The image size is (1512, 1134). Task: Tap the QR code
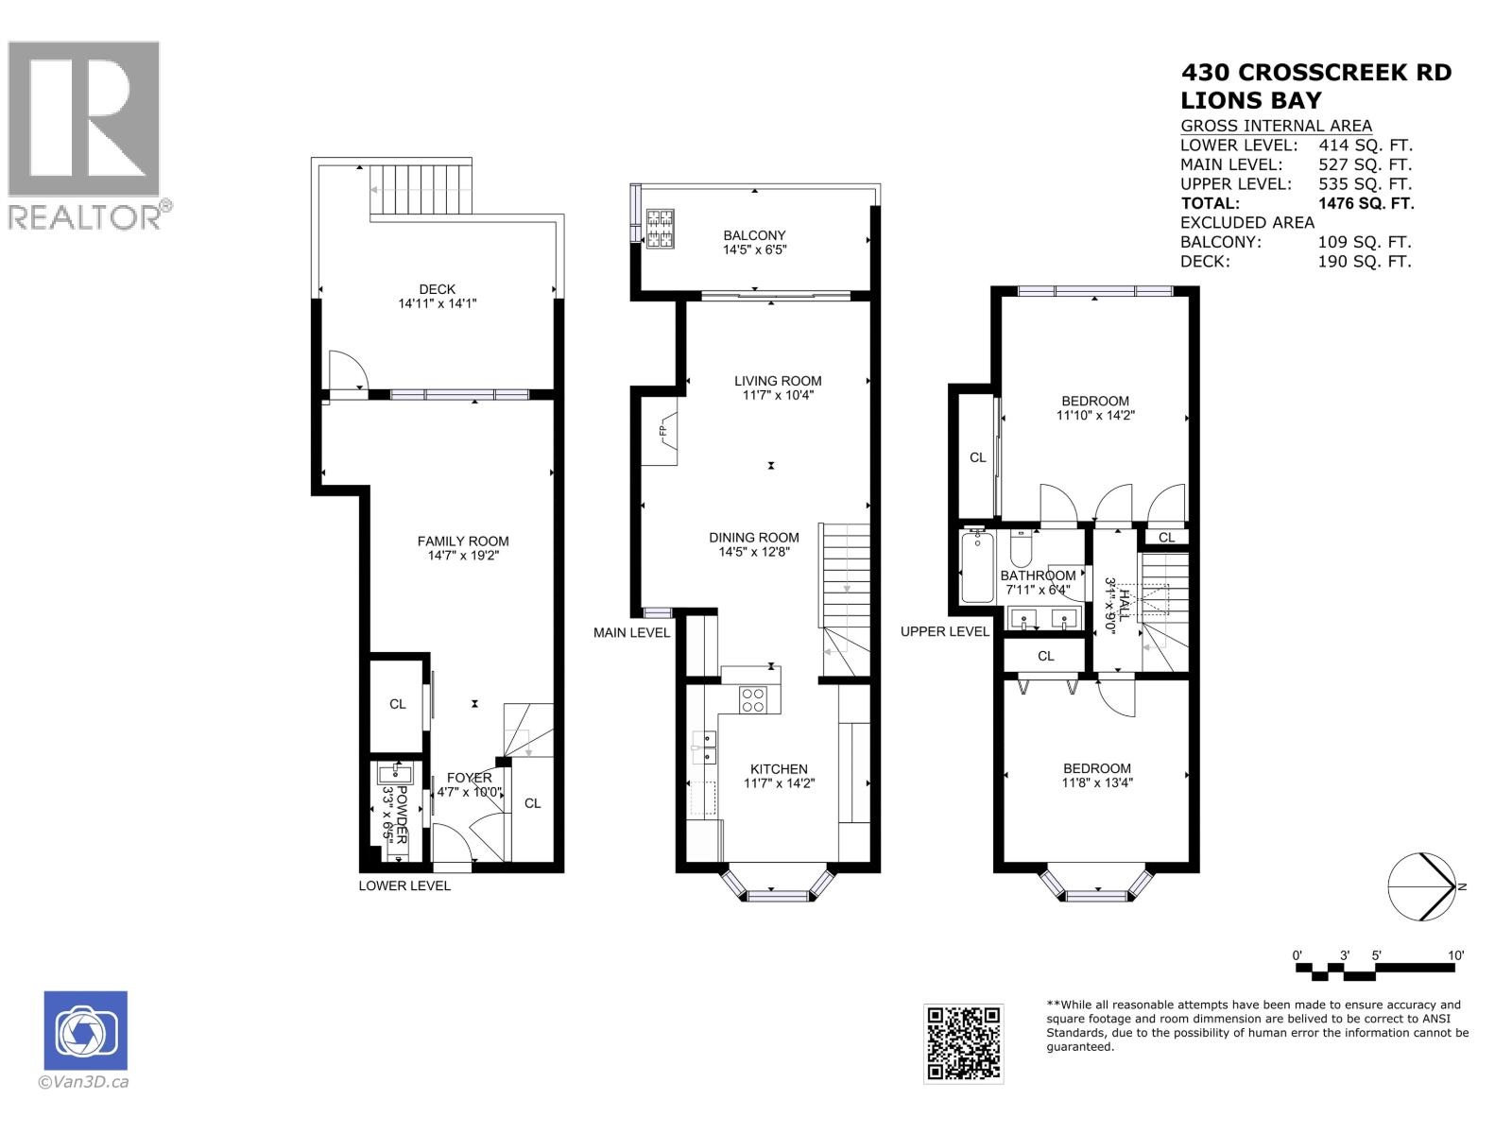[x=963, y=1043]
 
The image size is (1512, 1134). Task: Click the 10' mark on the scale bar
[x=1455, y=955]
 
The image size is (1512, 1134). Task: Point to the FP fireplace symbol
[x=663, y=432]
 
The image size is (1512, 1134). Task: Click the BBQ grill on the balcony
[x=660, y=228]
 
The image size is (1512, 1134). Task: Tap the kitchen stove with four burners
[x=753, y=699]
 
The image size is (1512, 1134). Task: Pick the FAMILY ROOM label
[x=463, y=541]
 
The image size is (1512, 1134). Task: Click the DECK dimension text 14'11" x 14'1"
[x=437, y=304]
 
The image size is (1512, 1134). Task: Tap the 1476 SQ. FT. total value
[x=1366, y=203]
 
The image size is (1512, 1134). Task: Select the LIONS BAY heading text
[x=1251, y=100]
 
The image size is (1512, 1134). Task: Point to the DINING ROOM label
[x=754, y=537]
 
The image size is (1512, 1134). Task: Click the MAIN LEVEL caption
[x=631, y=632]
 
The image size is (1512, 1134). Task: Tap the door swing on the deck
[x=346, y=370]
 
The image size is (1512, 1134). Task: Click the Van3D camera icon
[x=85, y=1031]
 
